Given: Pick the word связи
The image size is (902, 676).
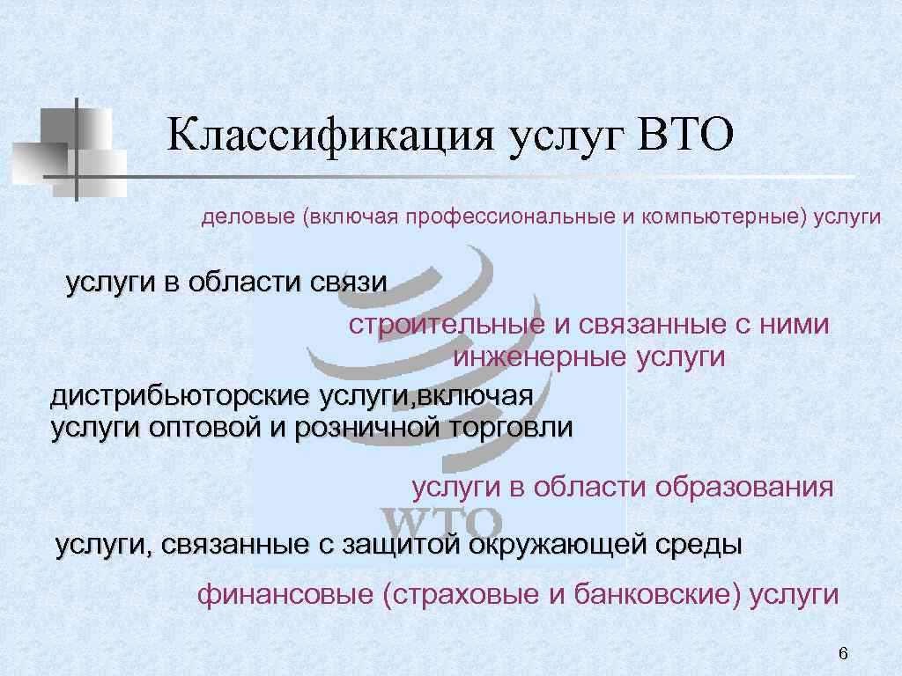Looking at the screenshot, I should click(349, 283).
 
